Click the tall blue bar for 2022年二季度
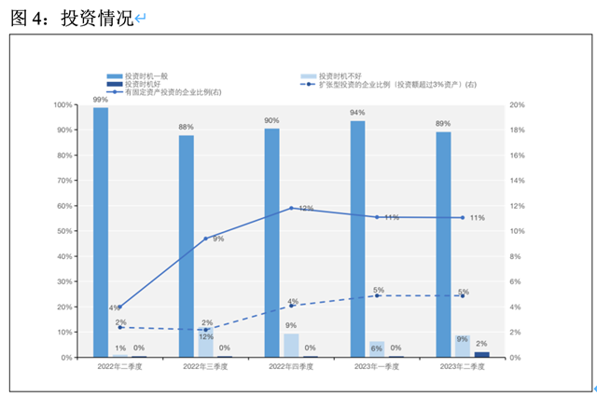tap(101, 232)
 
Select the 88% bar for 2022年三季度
tap(187, 246)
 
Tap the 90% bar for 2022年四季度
tap(271, 242)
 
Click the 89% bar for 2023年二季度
tap(443, 244)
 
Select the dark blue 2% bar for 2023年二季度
tap(481, 354)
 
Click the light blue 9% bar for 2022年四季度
tap(292, 346)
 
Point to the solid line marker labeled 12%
tap(292, 208)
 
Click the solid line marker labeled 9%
tap(206, 239)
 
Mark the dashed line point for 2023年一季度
tap(377, 296)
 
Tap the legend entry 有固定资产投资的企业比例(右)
tap(168, 92)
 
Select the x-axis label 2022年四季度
tap(291, 367)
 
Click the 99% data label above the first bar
tap(100, 98)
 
